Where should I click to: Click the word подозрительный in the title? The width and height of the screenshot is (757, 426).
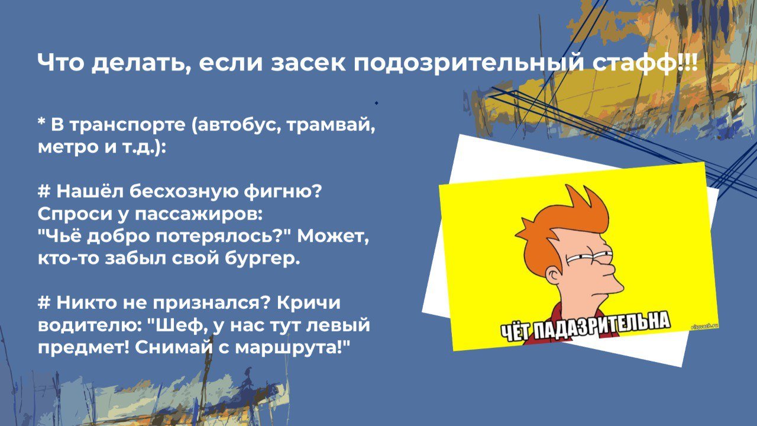point(468,63)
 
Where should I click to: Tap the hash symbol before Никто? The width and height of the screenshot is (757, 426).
point(44,302)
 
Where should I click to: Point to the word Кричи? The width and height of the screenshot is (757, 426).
point(309,303)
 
